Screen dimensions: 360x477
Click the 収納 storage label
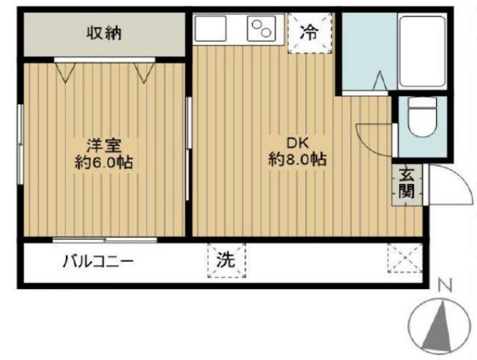pos(105,33)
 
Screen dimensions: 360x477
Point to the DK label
pos(297,142)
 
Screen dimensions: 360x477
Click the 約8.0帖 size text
pos(297,160)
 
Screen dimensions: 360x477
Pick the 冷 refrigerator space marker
pos(309,32)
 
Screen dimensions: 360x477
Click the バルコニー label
pos(97,261)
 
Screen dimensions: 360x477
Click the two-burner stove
pos(261,29)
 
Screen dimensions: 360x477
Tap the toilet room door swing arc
pos(372,140)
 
